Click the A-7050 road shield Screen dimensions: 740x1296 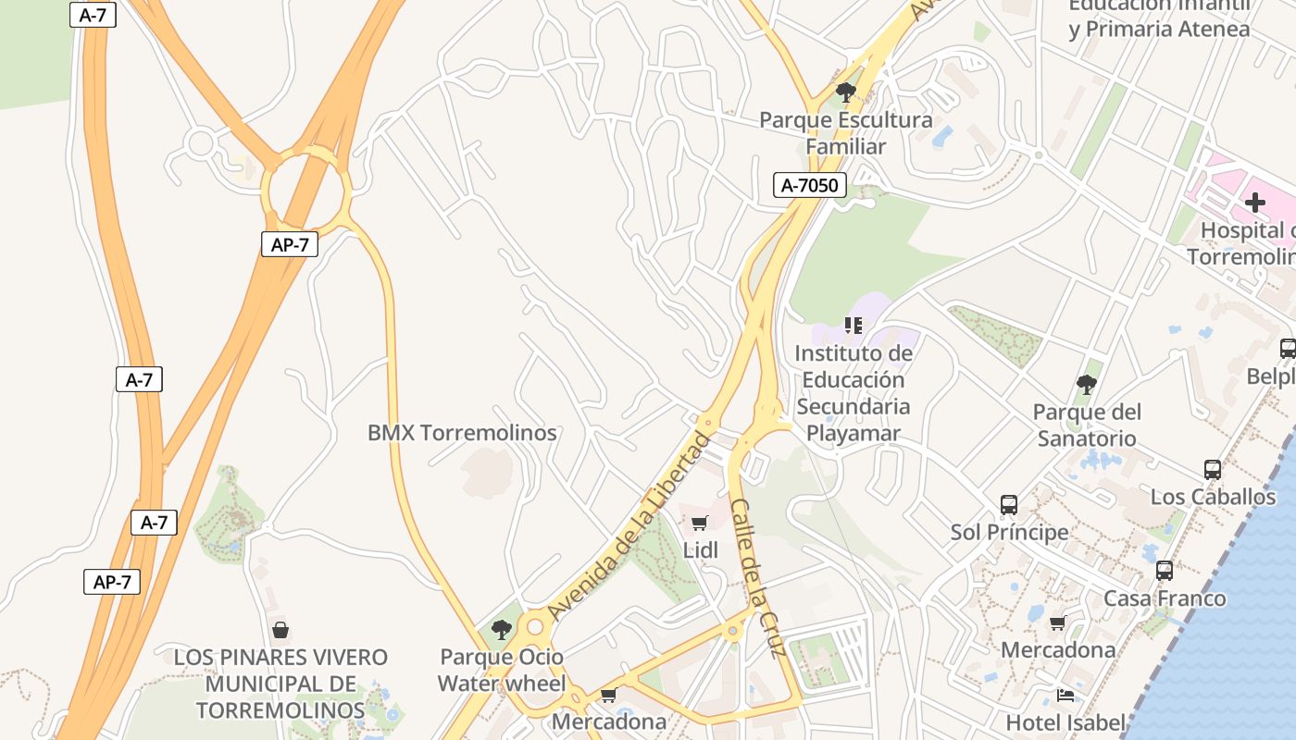click(809, 186)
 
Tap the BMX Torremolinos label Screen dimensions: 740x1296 click(462, 433)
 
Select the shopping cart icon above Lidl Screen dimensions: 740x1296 click(700, 524)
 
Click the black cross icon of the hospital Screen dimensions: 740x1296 click(1255, 203)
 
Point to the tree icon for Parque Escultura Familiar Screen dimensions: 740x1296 click(845, 92)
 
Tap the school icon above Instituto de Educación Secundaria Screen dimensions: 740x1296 click(853, 326)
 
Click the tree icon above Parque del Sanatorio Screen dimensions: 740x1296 click(1087, 384)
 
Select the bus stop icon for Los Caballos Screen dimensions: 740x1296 click(1213, 470)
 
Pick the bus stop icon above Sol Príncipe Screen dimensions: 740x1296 click(1009, 505)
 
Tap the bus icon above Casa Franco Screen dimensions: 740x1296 click(1165, 571)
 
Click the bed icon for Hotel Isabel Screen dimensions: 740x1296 click(1065, 695)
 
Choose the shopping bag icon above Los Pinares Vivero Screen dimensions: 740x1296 click(280, 630)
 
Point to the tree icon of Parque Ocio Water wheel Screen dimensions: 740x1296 click(501, 630)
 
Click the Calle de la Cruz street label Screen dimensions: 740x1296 click(757, 578)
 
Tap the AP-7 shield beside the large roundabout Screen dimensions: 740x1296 click(289, 244)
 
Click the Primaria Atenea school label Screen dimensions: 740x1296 click(1159, 29)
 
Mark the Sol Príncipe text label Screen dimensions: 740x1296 click(1009, 533)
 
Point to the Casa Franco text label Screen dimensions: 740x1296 click(1165, 598)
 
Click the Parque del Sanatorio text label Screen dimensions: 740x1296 click(1087, 425)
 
